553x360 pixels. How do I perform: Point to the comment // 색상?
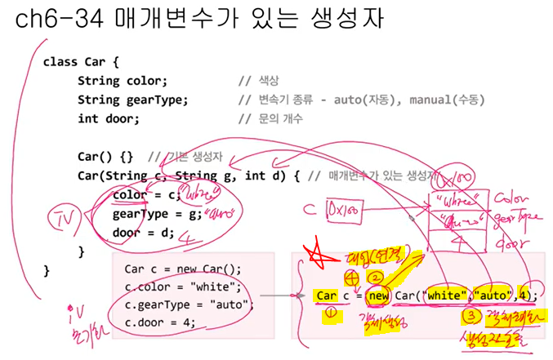pos(259,81)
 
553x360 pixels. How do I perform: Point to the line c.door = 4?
pos(160,322)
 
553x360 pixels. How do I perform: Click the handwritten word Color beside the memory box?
pos(513,198)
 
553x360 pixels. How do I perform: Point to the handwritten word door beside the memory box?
pos(509,242)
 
